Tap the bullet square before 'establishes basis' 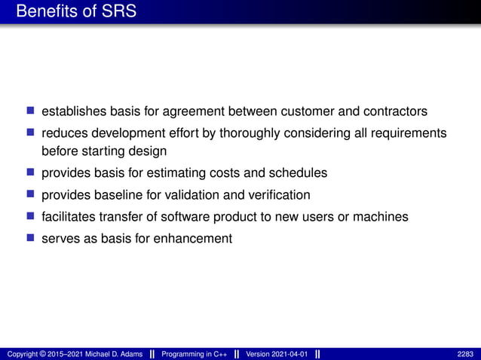point(31,111)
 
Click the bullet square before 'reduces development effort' point(31,133)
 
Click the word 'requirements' point(409,133)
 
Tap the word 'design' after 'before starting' point(148,151)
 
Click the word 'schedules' point(299,172)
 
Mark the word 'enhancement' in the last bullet point(195,239)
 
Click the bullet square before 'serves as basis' point(31,238)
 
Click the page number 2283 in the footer point(465,354)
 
